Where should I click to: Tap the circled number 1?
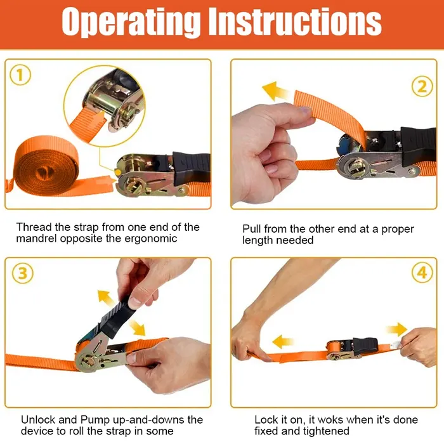[x=20, y=75]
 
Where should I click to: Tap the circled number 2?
[x=422, y=87]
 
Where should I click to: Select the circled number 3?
[x=22, y=273]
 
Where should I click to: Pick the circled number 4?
[x=422, y=272]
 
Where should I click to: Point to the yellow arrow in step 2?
[x=275, y=91]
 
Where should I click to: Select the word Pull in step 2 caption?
[x=251, y=229]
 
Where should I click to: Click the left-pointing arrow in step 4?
[x=283, y=341]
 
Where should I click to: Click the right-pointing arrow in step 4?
[x=396, y=329]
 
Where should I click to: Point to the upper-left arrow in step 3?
[x=106, y=298]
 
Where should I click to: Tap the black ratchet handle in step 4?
[x=365, y=345]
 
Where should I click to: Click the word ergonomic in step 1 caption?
[x=151, y=238]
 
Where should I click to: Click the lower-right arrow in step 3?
[x=137, y=328]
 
